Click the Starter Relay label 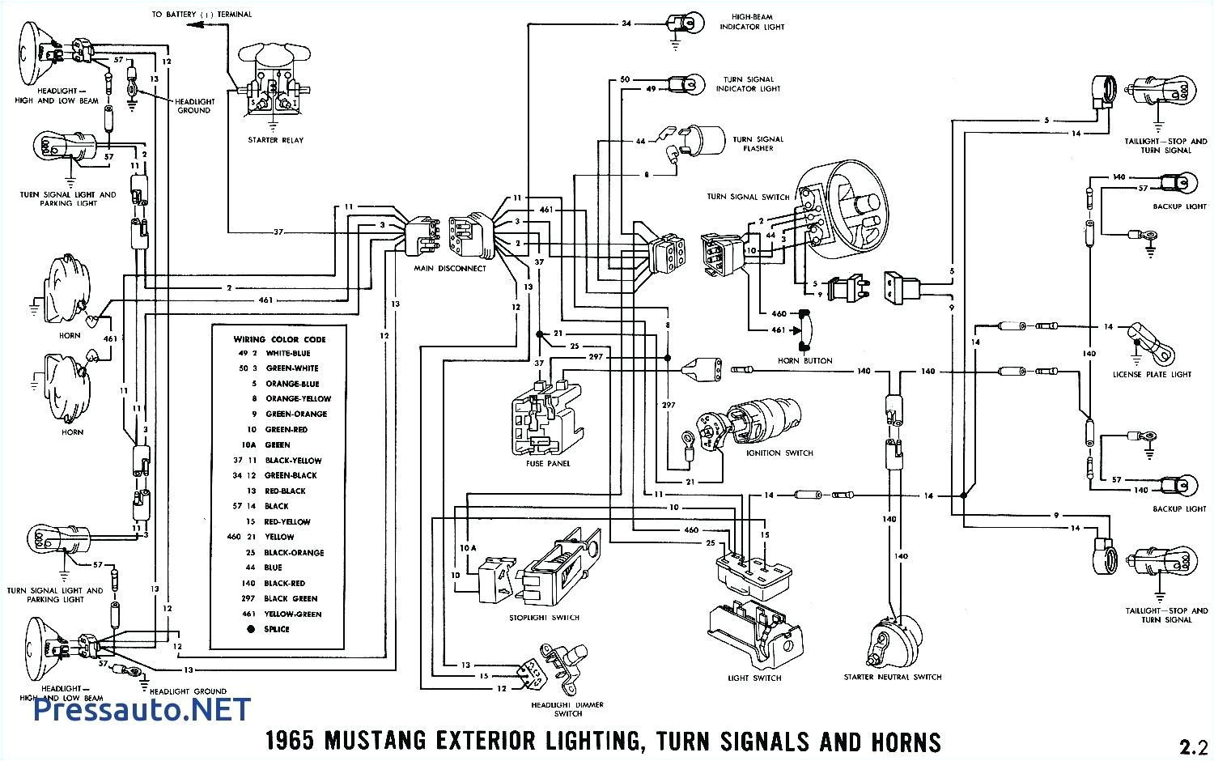click(275, 140)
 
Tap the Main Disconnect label click(449, 268)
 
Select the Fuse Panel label click(548, 463)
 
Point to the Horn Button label click(804, 360)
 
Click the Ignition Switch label click(780, 453)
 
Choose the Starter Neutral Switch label click(893, 677)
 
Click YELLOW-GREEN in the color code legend click(293, 614)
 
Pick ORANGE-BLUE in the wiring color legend click(292, 384)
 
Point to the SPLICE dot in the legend click(251, 629)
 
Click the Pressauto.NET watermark click(142, 709)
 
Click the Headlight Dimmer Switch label click(567, 709)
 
